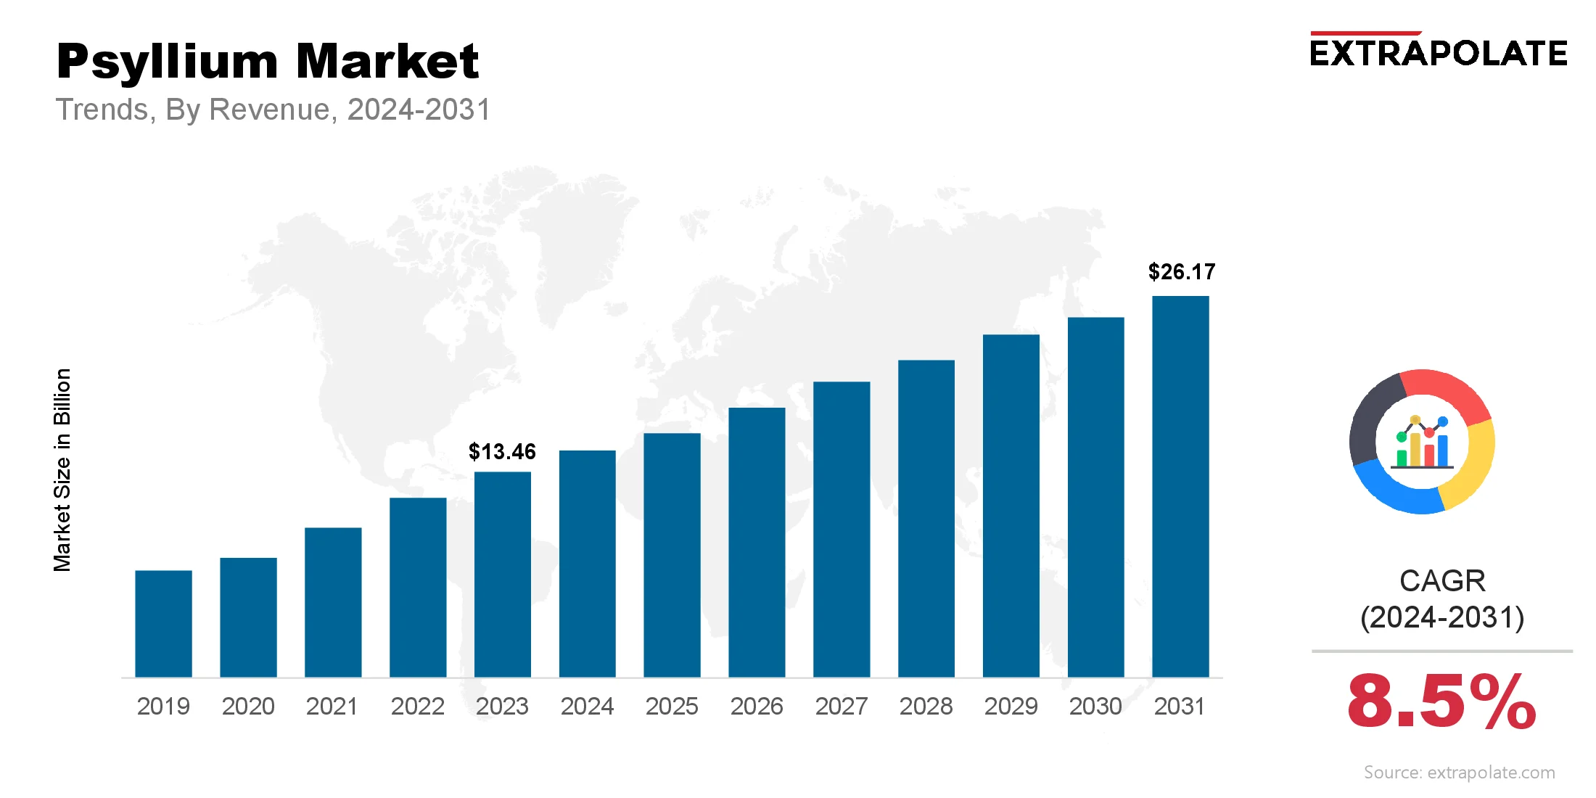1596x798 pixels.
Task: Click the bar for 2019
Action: tap(163, 624)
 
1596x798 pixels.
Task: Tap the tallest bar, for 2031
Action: tap(1180, 486)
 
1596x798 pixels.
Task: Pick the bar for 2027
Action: tap(842, 530)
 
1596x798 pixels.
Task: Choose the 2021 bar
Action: tap(333, 602)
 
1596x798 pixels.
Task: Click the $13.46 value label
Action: tap(502, 452)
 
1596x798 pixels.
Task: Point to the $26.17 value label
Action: tap(1181, 272)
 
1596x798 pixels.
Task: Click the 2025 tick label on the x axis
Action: tap(672, 706)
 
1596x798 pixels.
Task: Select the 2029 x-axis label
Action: tap(1011, 706)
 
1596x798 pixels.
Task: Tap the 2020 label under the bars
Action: tap(248, 706)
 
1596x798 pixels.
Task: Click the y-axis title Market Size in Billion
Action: tap(62, 470)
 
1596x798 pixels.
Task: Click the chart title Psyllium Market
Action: tap(268, 61)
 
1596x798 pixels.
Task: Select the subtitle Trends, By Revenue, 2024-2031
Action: tap(273, 110)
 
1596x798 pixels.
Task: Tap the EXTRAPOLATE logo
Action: tap(1439, 54)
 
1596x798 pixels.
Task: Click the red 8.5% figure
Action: tap(1441, 702)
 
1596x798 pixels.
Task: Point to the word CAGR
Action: tap(1442, 581)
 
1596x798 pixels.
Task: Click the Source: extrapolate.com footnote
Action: tap(1459, 773)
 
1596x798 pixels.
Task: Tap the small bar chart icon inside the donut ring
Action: tap(1423, 443)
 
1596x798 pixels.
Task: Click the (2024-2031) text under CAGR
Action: tap(1442, 617)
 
